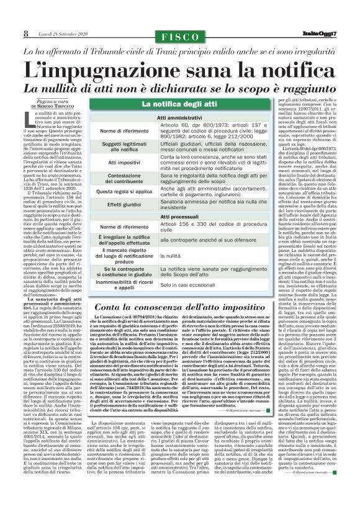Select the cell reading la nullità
tap(171, 255)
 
